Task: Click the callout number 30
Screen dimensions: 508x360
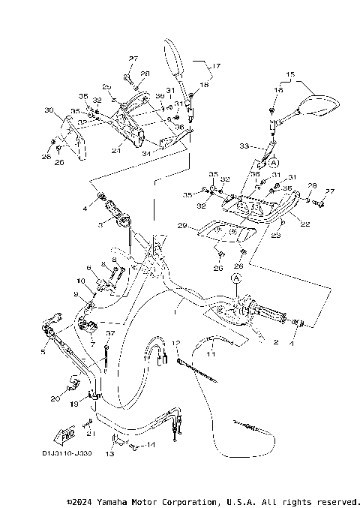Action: (x=49, y=110)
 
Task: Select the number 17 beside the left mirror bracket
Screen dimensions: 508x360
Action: (x=217, y=66)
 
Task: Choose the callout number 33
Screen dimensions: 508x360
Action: (x=244, y=146)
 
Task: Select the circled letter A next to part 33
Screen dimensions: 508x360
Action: (x=273, y=162)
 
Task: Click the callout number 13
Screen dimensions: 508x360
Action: (x=109, y=454)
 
